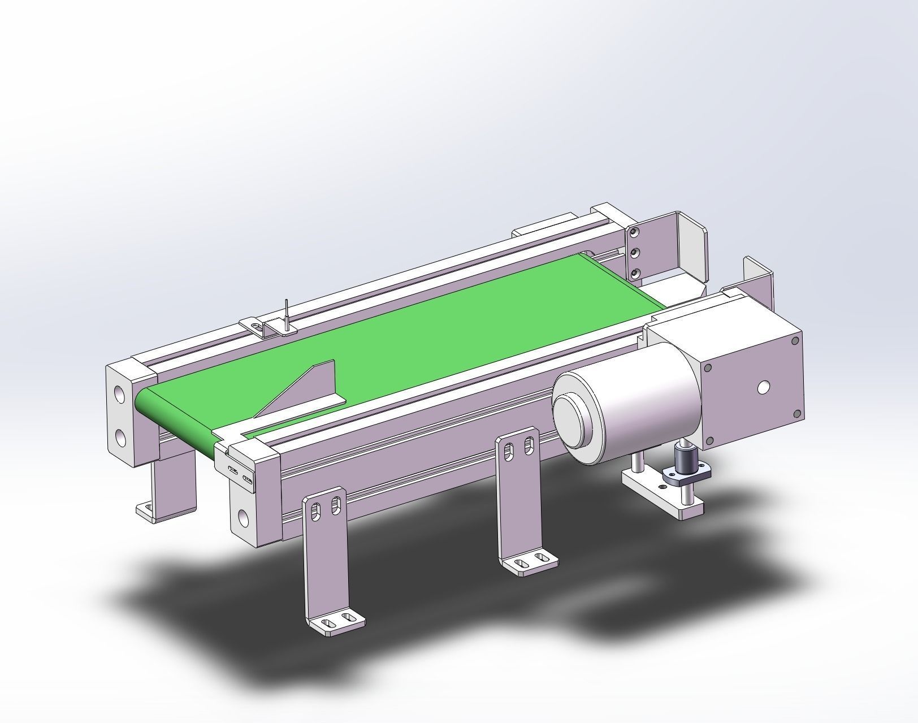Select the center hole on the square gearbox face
763,387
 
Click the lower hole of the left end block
120,437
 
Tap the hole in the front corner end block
244,516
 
